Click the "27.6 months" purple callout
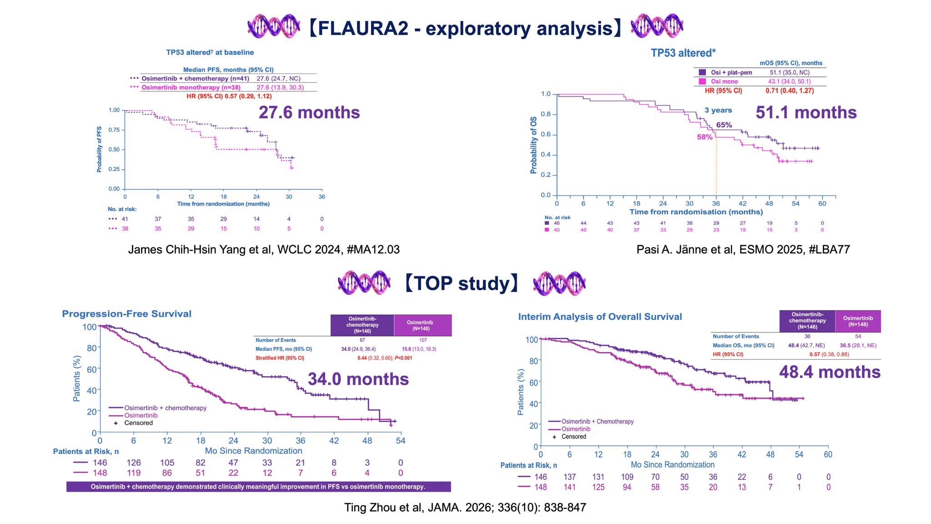point(309,112)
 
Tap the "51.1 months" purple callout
point(806,112)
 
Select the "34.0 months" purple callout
point(358,379)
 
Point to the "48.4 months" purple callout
point(830,372)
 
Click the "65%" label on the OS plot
point(724,125)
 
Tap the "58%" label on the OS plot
point(705,137)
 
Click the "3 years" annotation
point(718,110)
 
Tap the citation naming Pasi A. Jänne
point(743,249)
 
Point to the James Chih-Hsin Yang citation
point(264,249)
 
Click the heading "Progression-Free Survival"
point(127,314)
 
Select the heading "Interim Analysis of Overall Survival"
point(600,317)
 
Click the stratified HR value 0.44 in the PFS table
point(362,358)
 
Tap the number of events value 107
point(423,340)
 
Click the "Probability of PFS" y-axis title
point(99,149)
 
